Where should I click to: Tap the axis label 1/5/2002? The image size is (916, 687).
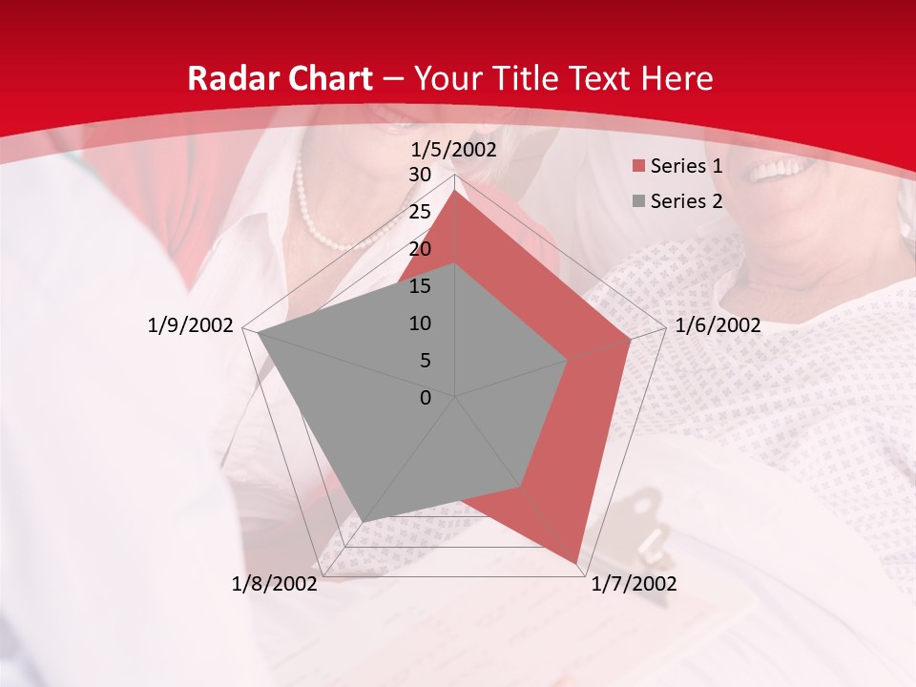click(454, 150)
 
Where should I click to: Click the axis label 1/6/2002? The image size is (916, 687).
click(718, 325)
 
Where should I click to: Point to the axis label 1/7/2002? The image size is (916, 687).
click(634, 584)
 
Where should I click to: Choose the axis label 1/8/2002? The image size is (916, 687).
click(275, 584)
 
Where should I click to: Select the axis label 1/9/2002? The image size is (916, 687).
click(191, 325)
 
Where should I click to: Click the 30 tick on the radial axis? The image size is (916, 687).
click(420, 175)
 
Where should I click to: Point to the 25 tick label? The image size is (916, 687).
click(420, 212)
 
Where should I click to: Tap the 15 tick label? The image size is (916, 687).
click(420, 286)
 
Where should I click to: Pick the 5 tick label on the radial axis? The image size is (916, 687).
click(426, 361)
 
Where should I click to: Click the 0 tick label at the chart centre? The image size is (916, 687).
click(426, 398)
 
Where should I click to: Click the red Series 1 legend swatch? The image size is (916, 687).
click(638, 167)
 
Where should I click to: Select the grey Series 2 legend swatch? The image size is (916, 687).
click(638, 201)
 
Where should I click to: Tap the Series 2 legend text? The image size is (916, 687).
click(686, 201)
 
